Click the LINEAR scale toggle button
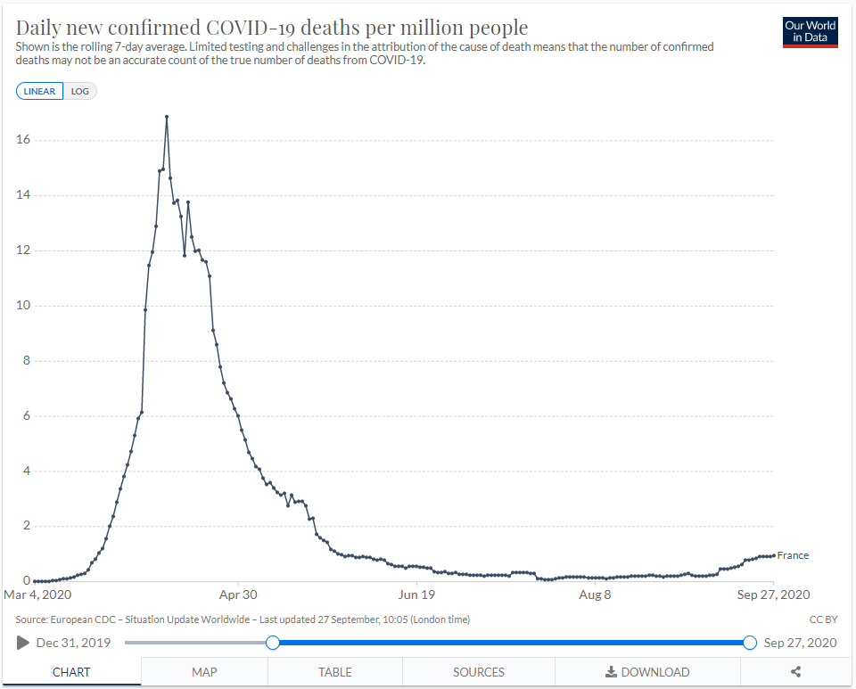coord(39,91)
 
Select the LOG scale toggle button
coord(80,91)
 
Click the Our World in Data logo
coord(810,31)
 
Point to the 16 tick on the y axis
coord(23,140)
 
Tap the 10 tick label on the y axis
coord(23,306)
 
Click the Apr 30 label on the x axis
coord(238,595)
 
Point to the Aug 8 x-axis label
coord(595,595)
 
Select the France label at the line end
coord(793,555)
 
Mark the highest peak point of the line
coord(167,117)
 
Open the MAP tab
coord(204,672)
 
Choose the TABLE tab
coord(335,672)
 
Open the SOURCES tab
coord(479,672)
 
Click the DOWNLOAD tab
coord(647,672)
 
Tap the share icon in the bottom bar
coord(797,672)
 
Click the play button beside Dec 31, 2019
coord(23,643)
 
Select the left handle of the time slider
coord(273,643)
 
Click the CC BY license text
coord(821,619)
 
